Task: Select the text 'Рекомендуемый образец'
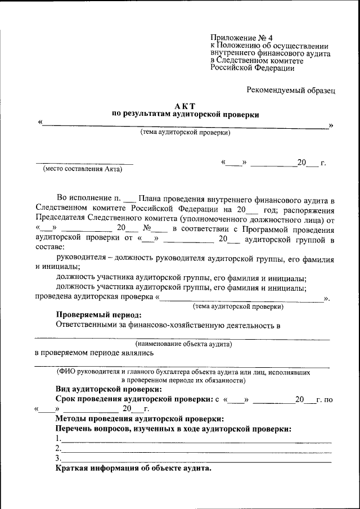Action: [291, 89]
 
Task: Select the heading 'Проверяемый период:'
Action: [98, 315]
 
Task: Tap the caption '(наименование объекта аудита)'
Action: [183, 343]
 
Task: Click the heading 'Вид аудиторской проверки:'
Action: [109, 389]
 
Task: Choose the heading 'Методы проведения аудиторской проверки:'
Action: [139, 419]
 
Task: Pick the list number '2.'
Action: [58, 449]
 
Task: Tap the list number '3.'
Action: [58, 458]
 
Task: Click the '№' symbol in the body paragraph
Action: [148, 229]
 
